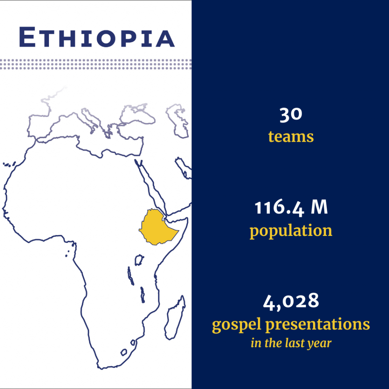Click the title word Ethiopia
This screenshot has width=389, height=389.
97,37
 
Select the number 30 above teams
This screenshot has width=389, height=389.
291,115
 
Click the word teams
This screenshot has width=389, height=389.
291,137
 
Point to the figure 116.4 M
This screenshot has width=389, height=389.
291,208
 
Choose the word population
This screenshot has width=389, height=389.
291,231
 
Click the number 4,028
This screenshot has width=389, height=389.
291,301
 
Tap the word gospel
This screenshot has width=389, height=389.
236,325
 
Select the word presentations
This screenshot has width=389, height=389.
318,324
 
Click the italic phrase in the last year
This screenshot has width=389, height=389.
291,343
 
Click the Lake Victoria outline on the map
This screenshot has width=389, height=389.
139,260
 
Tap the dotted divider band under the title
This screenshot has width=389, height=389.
96,64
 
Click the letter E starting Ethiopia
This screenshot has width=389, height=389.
27,37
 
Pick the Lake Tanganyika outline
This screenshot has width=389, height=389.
131,276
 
